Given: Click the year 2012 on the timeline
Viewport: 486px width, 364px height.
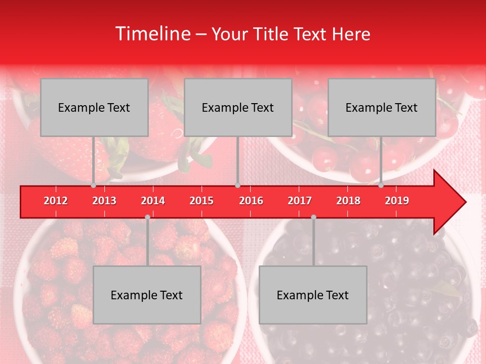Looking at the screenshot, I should pyautogui.click(x=56, y=201).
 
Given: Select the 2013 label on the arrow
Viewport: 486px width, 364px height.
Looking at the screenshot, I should pyautogui.click(x=104, y=201).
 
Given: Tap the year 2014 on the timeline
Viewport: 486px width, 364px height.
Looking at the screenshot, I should pyautogui.click(x=153, y=201).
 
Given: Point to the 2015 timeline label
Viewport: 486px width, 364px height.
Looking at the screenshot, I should pyautogui.click(x=201, y=201).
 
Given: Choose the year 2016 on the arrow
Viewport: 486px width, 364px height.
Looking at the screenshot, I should pyautogui.click(x=251, y=201).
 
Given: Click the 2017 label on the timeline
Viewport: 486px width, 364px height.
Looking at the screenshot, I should pyautogui.click(x=300, y=201).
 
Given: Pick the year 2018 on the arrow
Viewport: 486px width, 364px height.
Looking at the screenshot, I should pyautogui.click(x=348, y=201).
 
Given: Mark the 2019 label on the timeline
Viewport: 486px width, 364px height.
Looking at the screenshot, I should pyautogui.click(x=397, y=201).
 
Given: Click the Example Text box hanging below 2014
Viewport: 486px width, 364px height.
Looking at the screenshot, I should pyautogui.click(x=147, y=295).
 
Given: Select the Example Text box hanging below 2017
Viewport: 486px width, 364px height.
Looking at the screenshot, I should pyautogui.click(x=313, y=295).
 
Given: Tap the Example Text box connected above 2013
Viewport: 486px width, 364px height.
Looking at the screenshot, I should pyautogui.click(x=94, y=107).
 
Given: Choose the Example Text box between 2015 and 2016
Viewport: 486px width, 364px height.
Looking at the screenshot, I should pyautogui.click(x=238, y=107).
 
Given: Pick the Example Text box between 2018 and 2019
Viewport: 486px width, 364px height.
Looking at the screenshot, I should pyautogui.click(x=382, y=107).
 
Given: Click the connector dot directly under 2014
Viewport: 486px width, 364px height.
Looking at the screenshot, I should pyautogui.click(x=147, y=217).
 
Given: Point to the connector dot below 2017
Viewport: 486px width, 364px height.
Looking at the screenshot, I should pyautogui.click(x=313, y=217).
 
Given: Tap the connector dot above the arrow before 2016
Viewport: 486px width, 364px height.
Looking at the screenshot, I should pyautogui.click(x=237, y=186).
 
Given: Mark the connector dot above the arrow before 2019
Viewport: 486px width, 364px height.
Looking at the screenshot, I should pyautogui.click(x=381, y=186).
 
